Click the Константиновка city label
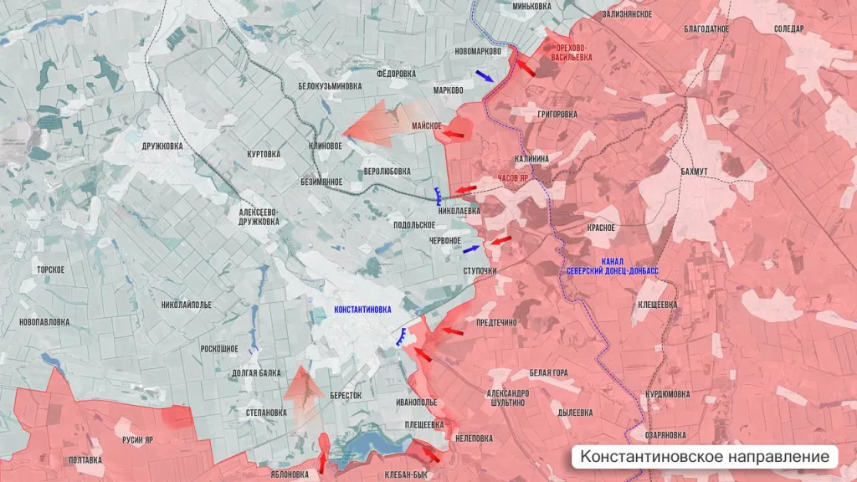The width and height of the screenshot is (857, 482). pos(362,310)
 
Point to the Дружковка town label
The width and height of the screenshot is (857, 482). pos(162,146)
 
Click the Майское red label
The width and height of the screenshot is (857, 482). pos(426,126)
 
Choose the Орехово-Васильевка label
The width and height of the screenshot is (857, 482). pos(577,53)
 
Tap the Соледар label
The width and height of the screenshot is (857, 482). pos(788,28)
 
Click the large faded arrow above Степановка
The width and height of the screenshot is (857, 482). pos(303,385)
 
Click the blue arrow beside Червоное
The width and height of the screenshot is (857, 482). pos(471,248)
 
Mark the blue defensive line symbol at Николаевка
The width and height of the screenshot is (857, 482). pos(439,197)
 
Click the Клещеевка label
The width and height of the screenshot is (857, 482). pos(657,305)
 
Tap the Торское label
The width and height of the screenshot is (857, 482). pos(50,269)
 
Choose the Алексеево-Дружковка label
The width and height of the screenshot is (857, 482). pos(259,218)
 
